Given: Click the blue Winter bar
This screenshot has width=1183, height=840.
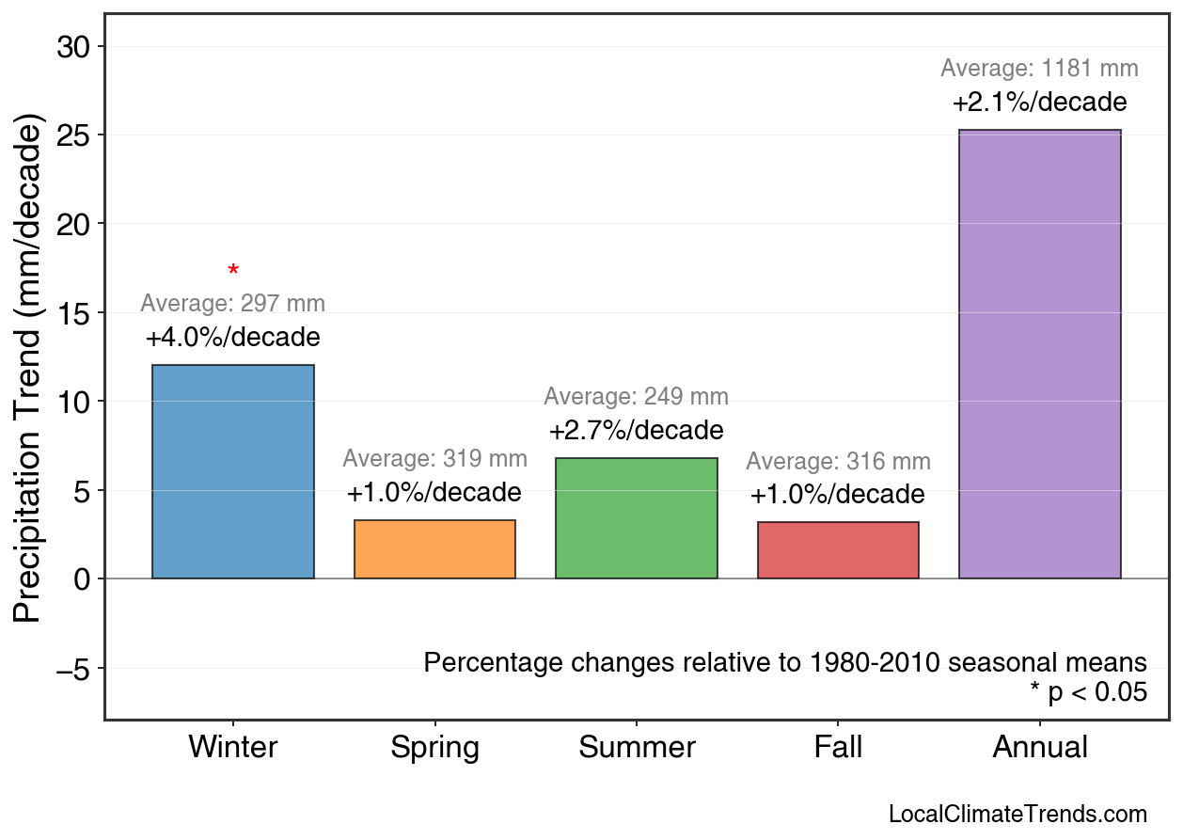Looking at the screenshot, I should pyautogui.click(x=233, y=471).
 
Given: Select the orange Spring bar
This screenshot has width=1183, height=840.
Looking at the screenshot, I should pyautogui.click(x=434, y=549).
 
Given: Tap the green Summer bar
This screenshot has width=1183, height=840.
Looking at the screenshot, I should pyautogui.click(x=637, y=518).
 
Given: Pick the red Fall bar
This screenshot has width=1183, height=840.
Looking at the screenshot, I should pyautogui.click(x=838, y=550).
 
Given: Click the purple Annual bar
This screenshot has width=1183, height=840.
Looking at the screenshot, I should pyautogui.click(x=1039, y=354).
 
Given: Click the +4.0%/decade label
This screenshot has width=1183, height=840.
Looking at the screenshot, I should pyautogui.click(x=233, y=338).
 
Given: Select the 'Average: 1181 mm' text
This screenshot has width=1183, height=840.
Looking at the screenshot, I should pyautogui.click(x=1039, y=69).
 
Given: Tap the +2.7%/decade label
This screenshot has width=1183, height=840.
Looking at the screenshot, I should pyautogui.click(x=637, y=431).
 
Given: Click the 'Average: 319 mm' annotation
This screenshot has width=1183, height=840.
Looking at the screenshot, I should pyautogui.click(x=434, y=459).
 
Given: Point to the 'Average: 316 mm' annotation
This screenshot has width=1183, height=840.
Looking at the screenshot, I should pyautogui.click(x=838, y=462).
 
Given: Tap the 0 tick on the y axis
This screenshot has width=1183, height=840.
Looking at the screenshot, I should pyautogui.click(x=82, y=579).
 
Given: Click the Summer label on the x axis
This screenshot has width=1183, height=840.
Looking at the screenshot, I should pyautogui.click(x=637, y=748).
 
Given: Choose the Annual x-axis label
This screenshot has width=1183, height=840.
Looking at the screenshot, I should pyautogui.click(x=1039, y=748).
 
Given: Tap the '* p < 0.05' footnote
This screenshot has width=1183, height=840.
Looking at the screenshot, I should pyautogui.click(x=1088, y=693).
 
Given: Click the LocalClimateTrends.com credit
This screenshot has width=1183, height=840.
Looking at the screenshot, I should pyautogui.click(x=1017, y=815).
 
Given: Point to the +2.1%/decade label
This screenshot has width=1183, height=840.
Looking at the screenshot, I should pyautogui.click(x=1039, y=102).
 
